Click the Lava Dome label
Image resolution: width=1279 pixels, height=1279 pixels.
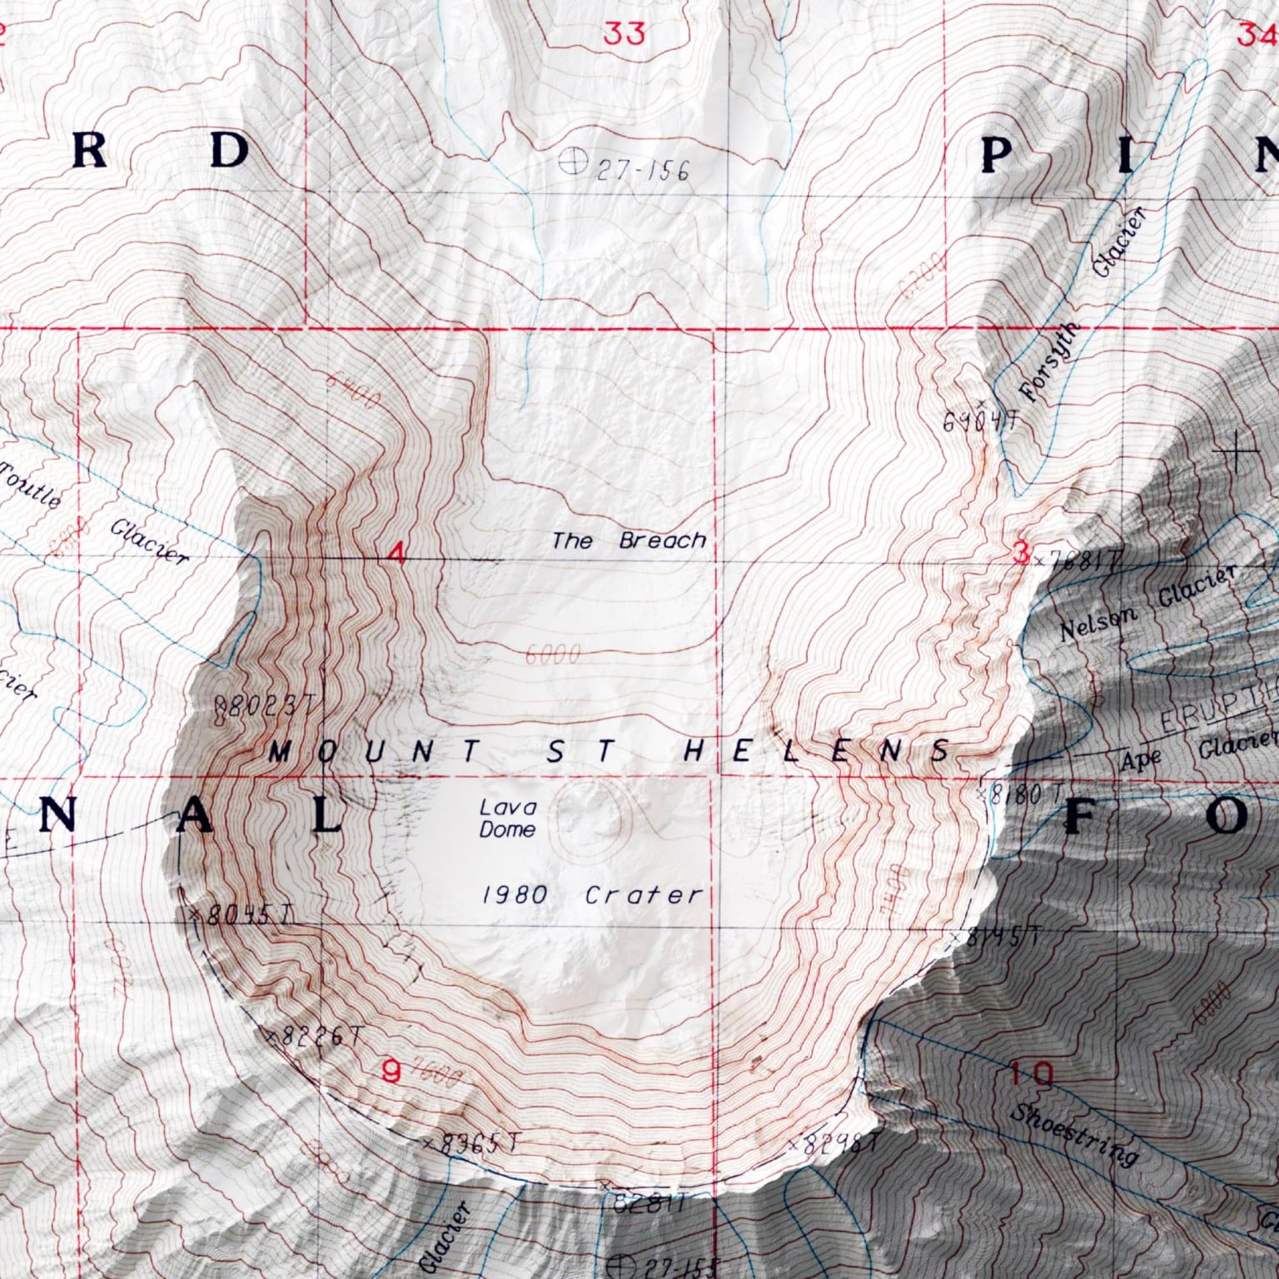[x=507, y=818]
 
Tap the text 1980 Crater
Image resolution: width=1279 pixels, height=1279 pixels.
[x=593, y=895]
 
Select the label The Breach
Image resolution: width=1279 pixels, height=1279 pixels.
[x=629, y=541]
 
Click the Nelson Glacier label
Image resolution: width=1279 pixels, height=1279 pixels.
[x=1149, y=604]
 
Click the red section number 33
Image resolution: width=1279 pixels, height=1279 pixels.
[x=624, y=34]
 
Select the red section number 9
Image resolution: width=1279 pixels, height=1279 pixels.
[x=390, y=1071]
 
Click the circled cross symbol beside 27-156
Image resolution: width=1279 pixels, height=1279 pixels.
[x=571, y=160]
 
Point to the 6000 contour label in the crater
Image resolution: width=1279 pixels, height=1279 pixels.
[x=553, y=655]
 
